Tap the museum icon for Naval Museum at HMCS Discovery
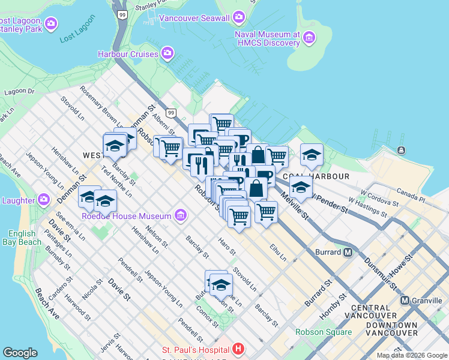tap(309, 38)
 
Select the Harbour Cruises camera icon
tap(167, 54)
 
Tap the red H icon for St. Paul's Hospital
tap(238, 349)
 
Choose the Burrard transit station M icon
tap(348, 252)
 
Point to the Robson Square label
tap(323, 332)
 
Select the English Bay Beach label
tap(25, 238)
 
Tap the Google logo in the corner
tap(20, 353)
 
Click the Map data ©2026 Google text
tap(411, 355)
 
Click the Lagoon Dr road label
tap(19, 92)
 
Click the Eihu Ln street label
tap(278, 251)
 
